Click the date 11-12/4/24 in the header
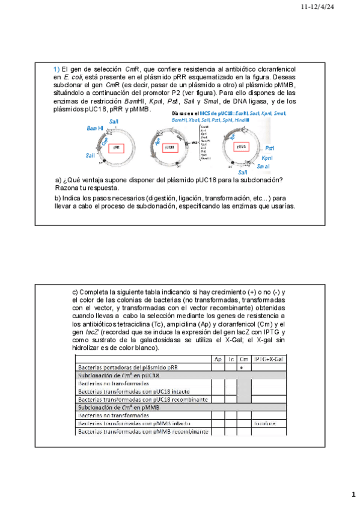pos(329,7)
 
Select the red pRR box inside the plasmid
pos(116,147)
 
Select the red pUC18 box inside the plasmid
pos(169,147)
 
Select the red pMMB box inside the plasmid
pos(240,147)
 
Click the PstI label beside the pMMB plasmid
pos(270,147)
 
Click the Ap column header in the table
pos(217,359)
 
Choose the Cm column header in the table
pos(243,359)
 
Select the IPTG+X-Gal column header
pos(269,359)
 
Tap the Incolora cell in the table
pos(264,423)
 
